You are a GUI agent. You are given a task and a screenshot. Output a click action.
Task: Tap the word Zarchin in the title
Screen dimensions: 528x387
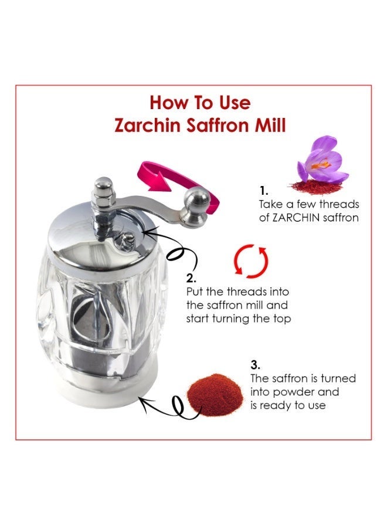click(x=143, y=125)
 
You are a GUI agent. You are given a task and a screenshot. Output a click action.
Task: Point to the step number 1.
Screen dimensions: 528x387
click(x=263, y=191)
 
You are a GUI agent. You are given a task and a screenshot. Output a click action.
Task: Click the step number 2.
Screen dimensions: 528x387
click(x=191, y=278)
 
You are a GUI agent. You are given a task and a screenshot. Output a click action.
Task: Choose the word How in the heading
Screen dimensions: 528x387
click(x=164, y=103)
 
